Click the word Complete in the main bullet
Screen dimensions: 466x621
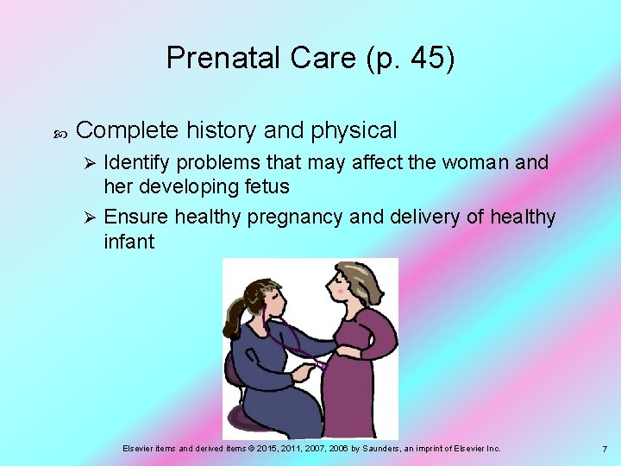pos(125,130)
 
